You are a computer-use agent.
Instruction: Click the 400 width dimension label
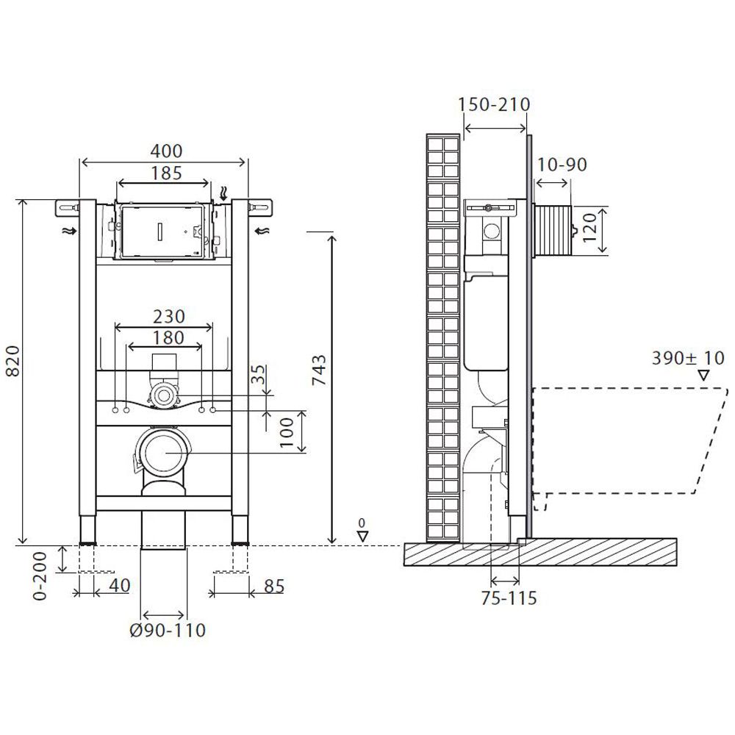tap(166, 151)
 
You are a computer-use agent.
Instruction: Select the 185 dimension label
tap(166, 173)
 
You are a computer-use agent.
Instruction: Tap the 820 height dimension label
tap(12, 361)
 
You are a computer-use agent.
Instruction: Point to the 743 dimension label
tap(319, 370)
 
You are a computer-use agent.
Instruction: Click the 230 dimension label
tap(169, 317)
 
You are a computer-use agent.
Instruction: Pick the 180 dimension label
tap(169, 337)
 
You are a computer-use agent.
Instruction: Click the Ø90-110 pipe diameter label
tap(168, 631)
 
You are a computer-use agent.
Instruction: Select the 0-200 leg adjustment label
tap(40, 576)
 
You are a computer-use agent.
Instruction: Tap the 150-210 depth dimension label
tap(494, 104)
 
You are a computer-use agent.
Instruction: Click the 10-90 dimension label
tap(562, 165)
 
